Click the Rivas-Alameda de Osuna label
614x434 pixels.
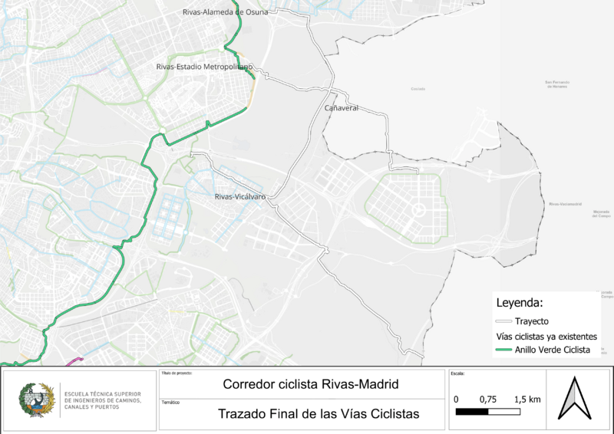point(223,12)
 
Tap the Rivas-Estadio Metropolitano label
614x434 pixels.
point(204,67)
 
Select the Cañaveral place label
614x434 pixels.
point(342,108)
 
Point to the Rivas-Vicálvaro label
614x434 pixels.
point(240,197)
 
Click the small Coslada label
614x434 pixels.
point(418,90)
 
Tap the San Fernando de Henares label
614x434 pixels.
point(560,84)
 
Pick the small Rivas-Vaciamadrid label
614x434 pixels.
point(566,205)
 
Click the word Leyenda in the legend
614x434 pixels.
point(520,301)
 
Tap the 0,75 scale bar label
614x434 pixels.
point(489,399)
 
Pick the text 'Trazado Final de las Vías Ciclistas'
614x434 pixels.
point(319,414)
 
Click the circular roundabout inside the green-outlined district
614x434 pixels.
point(419,209)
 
